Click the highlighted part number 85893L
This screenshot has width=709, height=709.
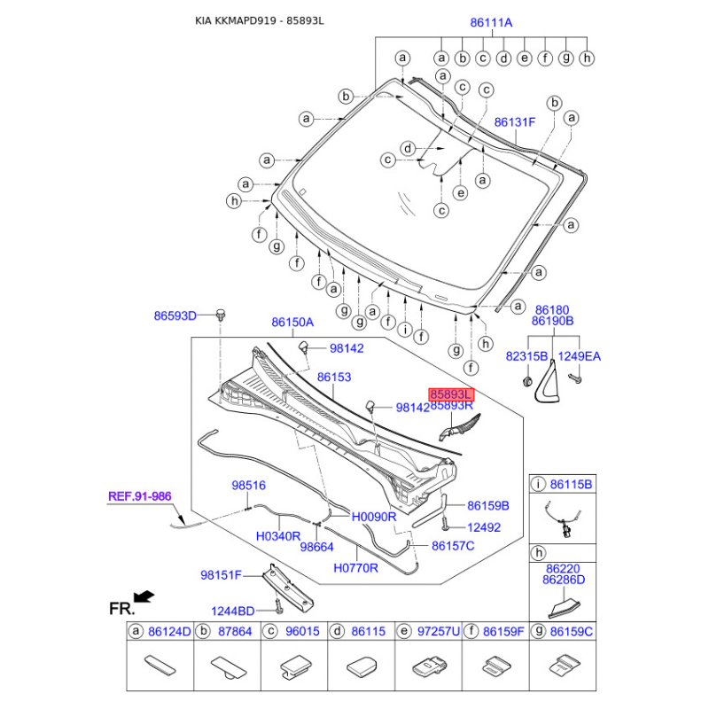451,394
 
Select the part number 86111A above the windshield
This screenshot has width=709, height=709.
491,23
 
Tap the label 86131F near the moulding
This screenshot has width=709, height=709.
515,122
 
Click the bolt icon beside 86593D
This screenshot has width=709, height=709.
221,315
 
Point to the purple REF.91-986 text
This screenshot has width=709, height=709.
140,496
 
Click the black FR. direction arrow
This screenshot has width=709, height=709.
144,596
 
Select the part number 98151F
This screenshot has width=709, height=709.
221,575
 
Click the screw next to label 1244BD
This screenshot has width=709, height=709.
279,606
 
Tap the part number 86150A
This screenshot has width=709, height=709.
292,323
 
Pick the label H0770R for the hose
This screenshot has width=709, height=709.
355,568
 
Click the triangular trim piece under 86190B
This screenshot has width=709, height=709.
548,381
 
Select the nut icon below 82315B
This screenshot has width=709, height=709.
526,381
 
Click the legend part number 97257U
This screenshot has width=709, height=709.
438,631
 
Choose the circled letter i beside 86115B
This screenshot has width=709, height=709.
538,485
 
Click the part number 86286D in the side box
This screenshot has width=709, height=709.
564,580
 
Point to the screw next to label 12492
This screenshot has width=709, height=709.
446,524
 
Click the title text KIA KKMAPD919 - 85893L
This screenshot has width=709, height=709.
259,21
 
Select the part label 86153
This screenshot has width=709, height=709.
334,378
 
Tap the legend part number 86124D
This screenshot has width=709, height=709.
169,631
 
